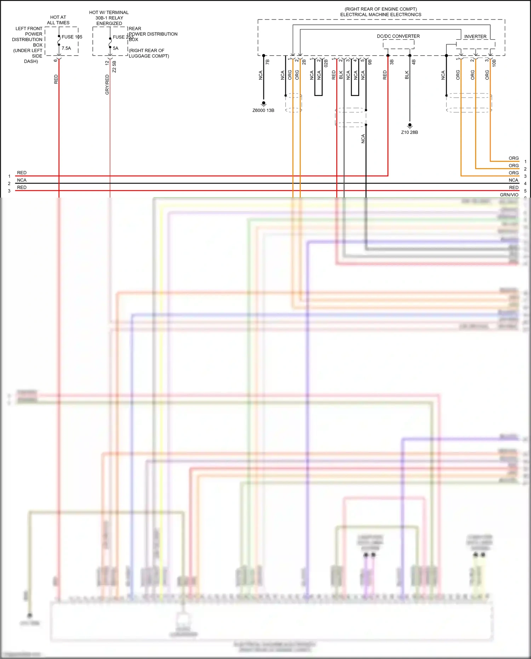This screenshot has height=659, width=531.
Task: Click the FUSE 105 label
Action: [72, 37]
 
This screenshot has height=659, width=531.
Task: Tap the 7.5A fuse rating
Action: [66, 48]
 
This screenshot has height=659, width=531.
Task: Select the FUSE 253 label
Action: [123, 37]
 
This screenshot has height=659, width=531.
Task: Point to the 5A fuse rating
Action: [116, 48]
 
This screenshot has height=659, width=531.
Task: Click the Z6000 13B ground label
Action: [263, 110]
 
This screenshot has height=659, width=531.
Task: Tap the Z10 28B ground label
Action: [410, 132]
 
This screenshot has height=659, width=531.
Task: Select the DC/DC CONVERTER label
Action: [398, 36]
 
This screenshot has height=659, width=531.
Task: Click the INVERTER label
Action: [475, 36]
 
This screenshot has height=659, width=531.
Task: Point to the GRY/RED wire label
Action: [107, 85]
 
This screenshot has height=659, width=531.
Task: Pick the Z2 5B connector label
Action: [114, 67]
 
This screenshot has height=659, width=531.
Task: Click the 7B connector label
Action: [268, 62]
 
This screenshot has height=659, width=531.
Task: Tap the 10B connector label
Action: [494, 63]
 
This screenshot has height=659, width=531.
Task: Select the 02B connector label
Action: [326, 63]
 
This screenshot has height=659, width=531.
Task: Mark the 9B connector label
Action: [370, 62]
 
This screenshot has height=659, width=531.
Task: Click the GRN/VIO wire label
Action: [509, 195]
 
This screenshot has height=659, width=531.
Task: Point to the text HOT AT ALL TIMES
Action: [58, 20]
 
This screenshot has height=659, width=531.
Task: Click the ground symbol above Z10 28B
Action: [410, 125]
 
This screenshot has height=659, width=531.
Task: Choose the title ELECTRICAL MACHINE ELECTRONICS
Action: [381, 15]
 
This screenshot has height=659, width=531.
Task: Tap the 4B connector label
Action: [414, 62]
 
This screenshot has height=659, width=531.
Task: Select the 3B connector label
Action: [392, 62]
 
